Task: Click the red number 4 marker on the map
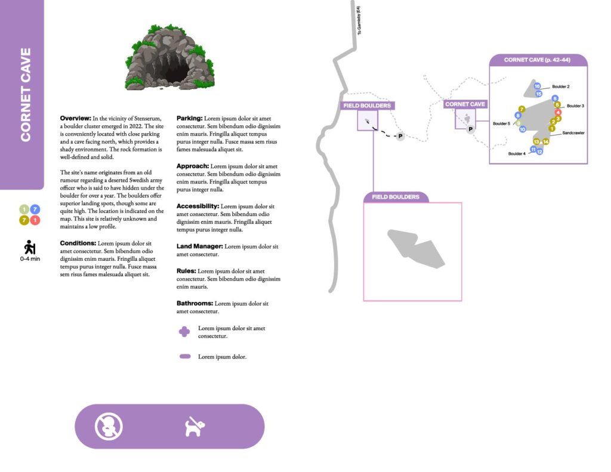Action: (558, 112)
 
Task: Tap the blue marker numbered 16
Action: (537, 87)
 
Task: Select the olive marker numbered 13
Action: (537, 141)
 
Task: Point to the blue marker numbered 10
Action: (522, 129)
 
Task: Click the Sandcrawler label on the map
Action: (573, 133)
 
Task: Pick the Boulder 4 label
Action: (517, 153)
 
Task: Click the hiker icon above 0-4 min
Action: (29, 248)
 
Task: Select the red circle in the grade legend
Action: (35, 221)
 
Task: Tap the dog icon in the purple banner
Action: (194, 427)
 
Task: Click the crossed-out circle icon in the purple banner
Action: (109, 427)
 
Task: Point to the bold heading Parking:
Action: (190, 118)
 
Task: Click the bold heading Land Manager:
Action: (200, 246)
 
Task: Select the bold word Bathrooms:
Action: (195, 303)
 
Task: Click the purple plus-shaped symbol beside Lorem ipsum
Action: (185, 332)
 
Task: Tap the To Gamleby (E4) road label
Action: (359, 21)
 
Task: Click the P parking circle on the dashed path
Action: (400, 136)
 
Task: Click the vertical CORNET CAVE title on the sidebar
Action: (26, 95)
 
